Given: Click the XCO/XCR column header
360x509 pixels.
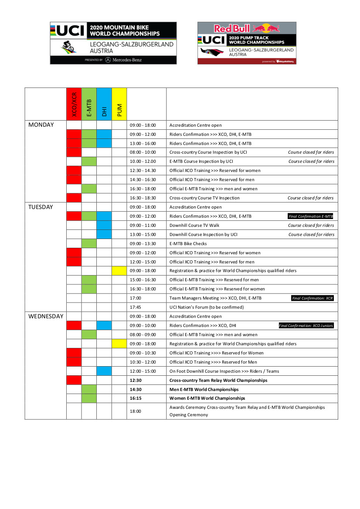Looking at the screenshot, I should coord(74,104).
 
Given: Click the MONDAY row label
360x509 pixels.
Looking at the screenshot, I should coord(41,125).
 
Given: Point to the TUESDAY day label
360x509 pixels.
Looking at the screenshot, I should coord(41,207).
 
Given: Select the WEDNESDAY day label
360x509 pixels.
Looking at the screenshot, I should coord(46,317).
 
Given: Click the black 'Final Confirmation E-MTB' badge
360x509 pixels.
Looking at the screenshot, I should coord(311,216).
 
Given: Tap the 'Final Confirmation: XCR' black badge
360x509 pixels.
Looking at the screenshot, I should coord(312,298).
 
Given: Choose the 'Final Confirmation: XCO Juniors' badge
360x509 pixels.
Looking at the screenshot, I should coord(306,326).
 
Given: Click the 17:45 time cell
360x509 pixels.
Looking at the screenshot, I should coord(136,307).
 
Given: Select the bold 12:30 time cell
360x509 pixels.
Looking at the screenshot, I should coord(136,381).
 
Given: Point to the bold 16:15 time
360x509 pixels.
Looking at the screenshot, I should coord(136,398).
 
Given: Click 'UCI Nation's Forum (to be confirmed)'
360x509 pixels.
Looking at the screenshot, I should coord(207,307).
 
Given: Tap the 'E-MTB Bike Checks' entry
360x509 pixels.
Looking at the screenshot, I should coord(188,244).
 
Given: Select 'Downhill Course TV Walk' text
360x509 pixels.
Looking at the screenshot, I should coord(195,226).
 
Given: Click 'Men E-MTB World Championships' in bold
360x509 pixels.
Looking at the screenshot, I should coord(204,390).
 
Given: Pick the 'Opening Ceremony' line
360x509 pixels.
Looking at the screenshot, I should coord(189,415).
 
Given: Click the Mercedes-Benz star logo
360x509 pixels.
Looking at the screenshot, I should coord(108,60).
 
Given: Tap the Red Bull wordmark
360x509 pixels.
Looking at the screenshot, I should coord(232,29).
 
